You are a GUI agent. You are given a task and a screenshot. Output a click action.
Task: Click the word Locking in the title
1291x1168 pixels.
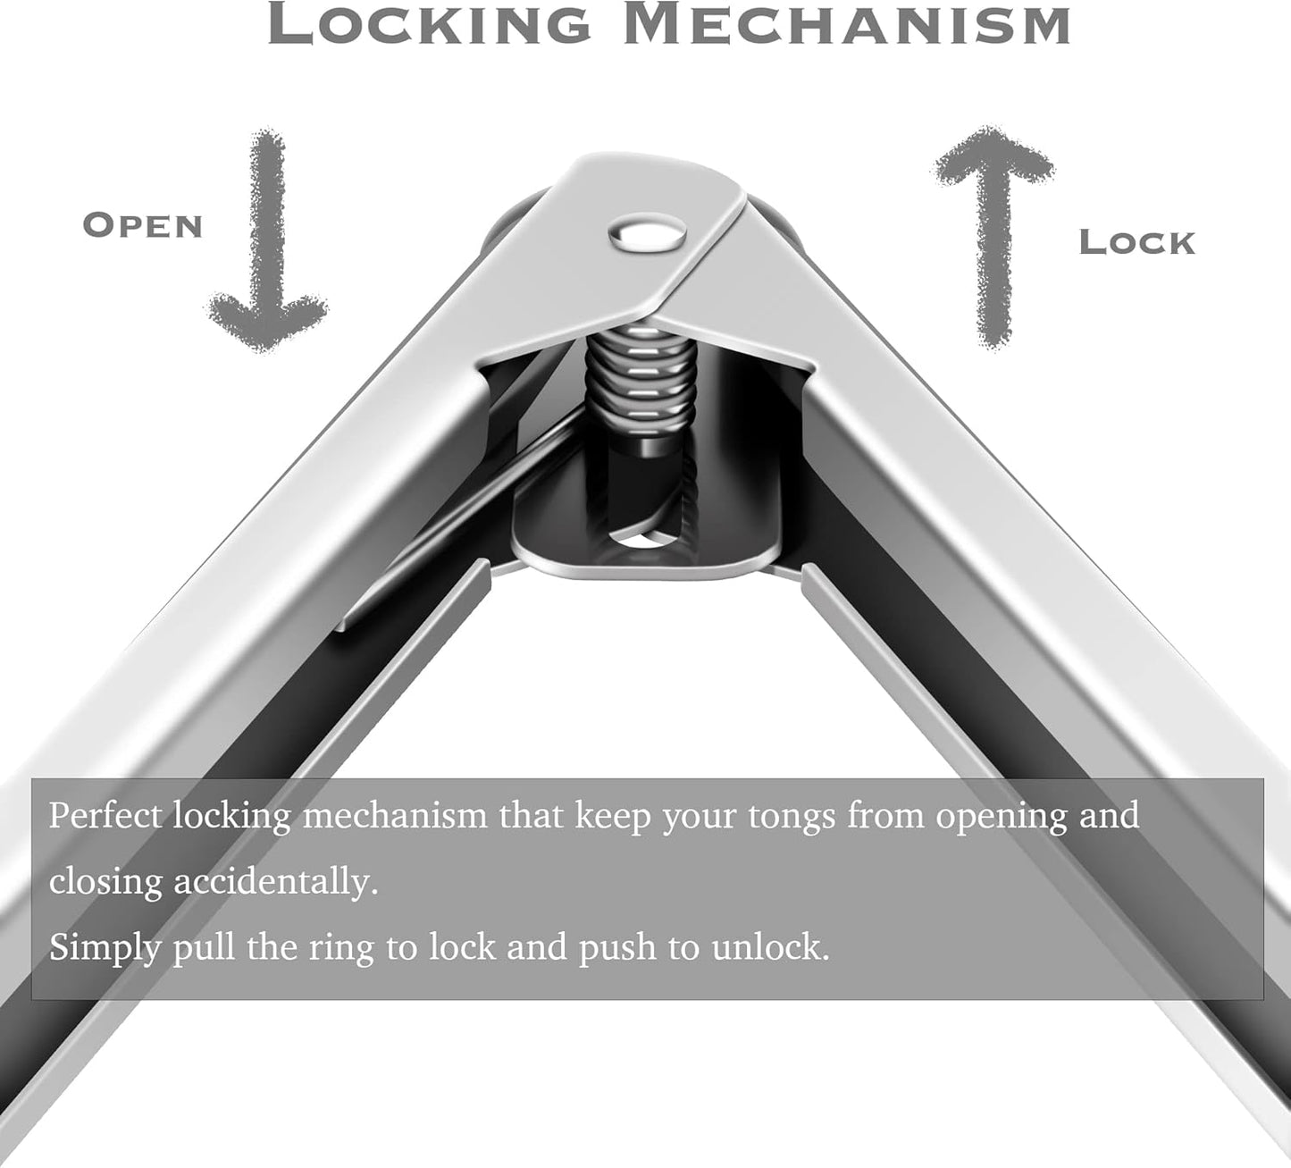coord(429,24)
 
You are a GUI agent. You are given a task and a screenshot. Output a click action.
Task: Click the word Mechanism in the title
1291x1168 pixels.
coord(847,24)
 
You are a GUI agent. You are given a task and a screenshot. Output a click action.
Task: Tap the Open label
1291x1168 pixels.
coord(143,226)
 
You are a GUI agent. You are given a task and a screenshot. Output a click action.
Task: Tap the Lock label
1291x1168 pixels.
coord(1137,243)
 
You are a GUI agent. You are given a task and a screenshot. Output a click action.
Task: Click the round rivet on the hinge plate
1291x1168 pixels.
coord(647,235)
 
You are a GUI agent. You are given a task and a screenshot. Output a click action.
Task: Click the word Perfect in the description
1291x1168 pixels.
coord(105,816)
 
